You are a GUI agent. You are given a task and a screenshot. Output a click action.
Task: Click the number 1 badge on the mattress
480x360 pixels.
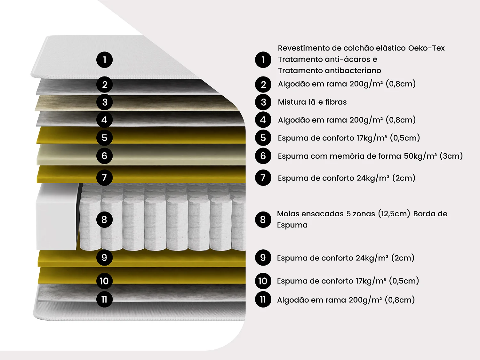[x=104, y=60]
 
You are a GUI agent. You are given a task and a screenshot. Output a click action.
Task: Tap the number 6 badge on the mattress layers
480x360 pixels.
[x=104, y=156]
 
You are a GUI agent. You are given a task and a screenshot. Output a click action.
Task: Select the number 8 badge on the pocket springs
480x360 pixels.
[x=104, y=220]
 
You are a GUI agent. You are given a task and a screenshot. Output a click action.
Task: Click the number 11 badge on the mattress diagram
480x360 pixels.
[x=104, y=299]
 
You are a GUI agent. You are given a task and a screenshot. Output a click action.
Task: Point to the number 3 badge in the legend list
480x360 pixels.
[x=263, y=102]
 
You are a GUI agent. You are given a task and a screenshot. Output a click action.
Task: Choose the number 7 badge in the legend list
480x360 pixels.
[x=263, y=178]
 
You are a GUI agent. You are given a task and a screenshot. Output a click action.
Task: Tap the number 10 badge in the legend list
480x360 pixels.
[x=263, y=281]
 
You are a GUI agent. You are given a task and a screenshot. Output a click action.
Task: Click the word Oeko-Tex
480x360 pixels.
[x=426, y=48]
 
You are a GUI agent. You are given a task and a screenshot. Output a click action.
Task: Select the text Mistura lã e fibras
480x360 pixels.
[x=312, y=102]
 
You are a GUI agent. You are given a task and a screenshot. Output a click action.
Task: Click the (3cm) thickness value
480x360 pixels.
[x=451, y=156]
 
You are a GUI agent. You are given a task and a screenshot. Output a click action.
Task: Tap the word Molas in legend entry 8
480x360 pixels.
[x=288, y=213]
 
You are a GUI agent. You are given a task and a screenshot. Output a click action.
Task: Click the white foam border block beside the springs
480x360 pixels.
[x=57, y=217]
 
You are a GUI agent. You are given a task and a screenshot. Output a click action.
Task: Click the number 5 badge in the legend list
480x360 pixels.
[x=263, y=138]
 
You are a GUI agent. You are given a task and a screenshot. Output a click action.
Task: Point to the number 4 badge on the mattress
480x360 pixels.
[x=104, y=120]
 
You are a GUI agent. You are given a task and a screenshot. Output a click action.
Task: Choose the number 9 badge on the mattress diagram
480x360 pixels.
[x=104, y=258]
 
